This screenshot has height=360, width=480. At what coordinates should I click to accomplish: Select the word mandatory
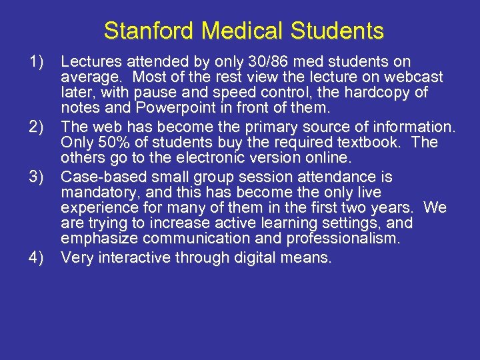95,193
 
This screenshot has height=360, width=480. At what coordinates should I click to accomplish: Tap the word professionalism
341,239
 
